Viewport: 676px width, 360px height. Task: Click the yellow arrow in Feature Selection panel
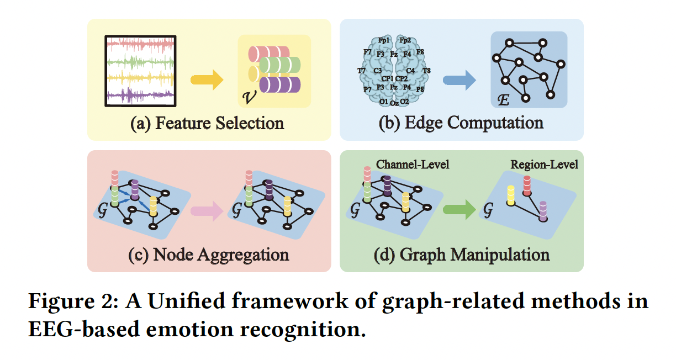(207, 81)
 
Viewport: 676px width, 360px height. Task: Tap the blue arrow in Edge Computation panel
(459, 81)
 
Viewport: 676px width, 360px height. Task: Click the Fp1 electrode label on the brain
(384, 40)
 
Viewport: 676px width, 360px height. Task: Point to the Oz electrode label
(394, 103)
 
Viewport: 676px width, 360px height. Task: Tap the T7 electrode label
(362, 71)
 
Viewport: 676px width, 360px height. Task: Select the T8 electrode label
(426, 71)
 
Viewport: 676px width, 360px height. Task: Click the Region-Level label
(544, 165)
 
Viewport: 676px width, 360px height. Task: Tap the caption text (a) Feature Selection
(207, 123)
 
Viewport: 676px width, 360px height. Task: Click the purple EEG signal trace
(141, 95)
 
